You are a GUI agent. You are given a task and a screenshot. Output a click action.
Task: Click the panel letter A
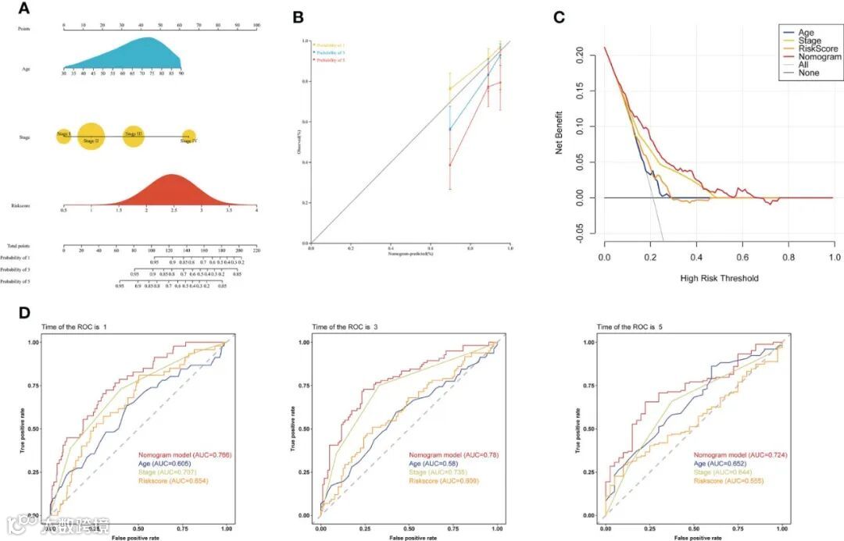(x=23, y=9)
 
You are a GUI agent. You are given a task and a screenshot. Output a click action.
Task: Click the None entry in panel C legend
(x=810, y=73)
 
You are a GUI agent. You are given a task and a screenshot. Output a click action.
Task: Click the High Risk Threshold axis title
(x=719, y=277)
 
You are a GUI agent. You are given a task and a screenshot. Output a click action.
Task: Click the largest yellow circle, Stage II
(x=91, y=138)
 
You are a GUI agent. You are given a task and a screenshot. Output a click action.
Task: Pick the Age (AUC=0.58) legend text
(x=437, y=463)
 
